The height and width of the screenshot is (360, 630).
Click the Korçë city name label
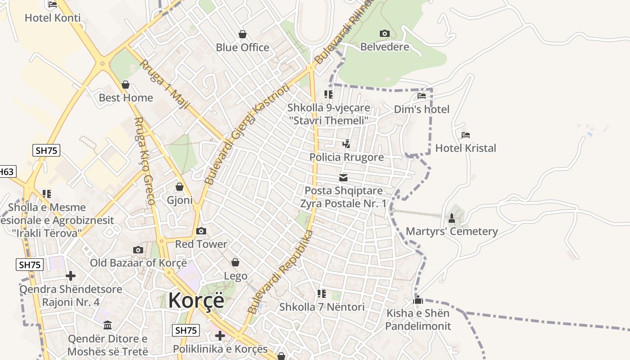coord(196,301)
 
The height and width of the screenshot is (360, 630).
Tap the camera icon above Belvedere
coord(384,33)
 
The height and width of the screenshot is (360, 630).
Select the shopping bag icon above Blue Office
coord(243,34)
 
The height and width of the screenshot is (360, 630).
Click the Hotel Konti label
coord(53,18)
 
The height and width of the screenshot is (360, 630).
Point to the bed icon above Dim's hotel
coord(422,95)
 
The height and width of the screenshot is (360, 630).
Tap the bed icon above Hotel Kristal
coord(466,135)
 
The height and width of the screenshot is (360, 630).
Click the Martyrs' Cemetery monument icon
coord(452,218)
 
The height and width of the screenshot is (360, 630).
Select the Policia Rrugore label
coord(346,157)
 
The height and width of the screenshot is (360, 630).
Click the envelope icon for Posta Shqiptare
coord(343,178)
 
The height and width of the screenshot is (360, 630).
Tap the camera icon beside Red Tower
coord(201,231)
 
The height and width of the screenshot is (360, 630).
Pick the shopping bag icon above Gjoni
coord(180,187)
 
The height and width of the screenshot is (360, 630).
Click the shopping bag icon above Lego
coord(235,262)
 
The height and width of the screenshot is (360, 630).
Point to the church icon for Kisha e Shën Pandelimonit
coord(418,300)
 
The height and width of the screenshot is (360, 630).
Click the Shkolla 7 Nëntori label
coord(322,307)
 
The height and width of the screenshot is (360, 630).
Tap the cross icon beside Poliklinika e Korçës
coord(220,336)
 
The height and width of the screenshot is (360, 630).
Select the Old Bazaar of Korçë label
coord(138,263)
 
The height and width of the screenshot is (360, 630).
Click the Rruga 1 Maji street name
coord(165,85)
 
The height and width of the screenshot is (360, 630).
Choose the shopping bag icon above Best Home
coord(126,85)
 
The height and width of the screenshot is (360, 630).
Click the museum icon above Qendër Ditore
coord(108,325)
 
